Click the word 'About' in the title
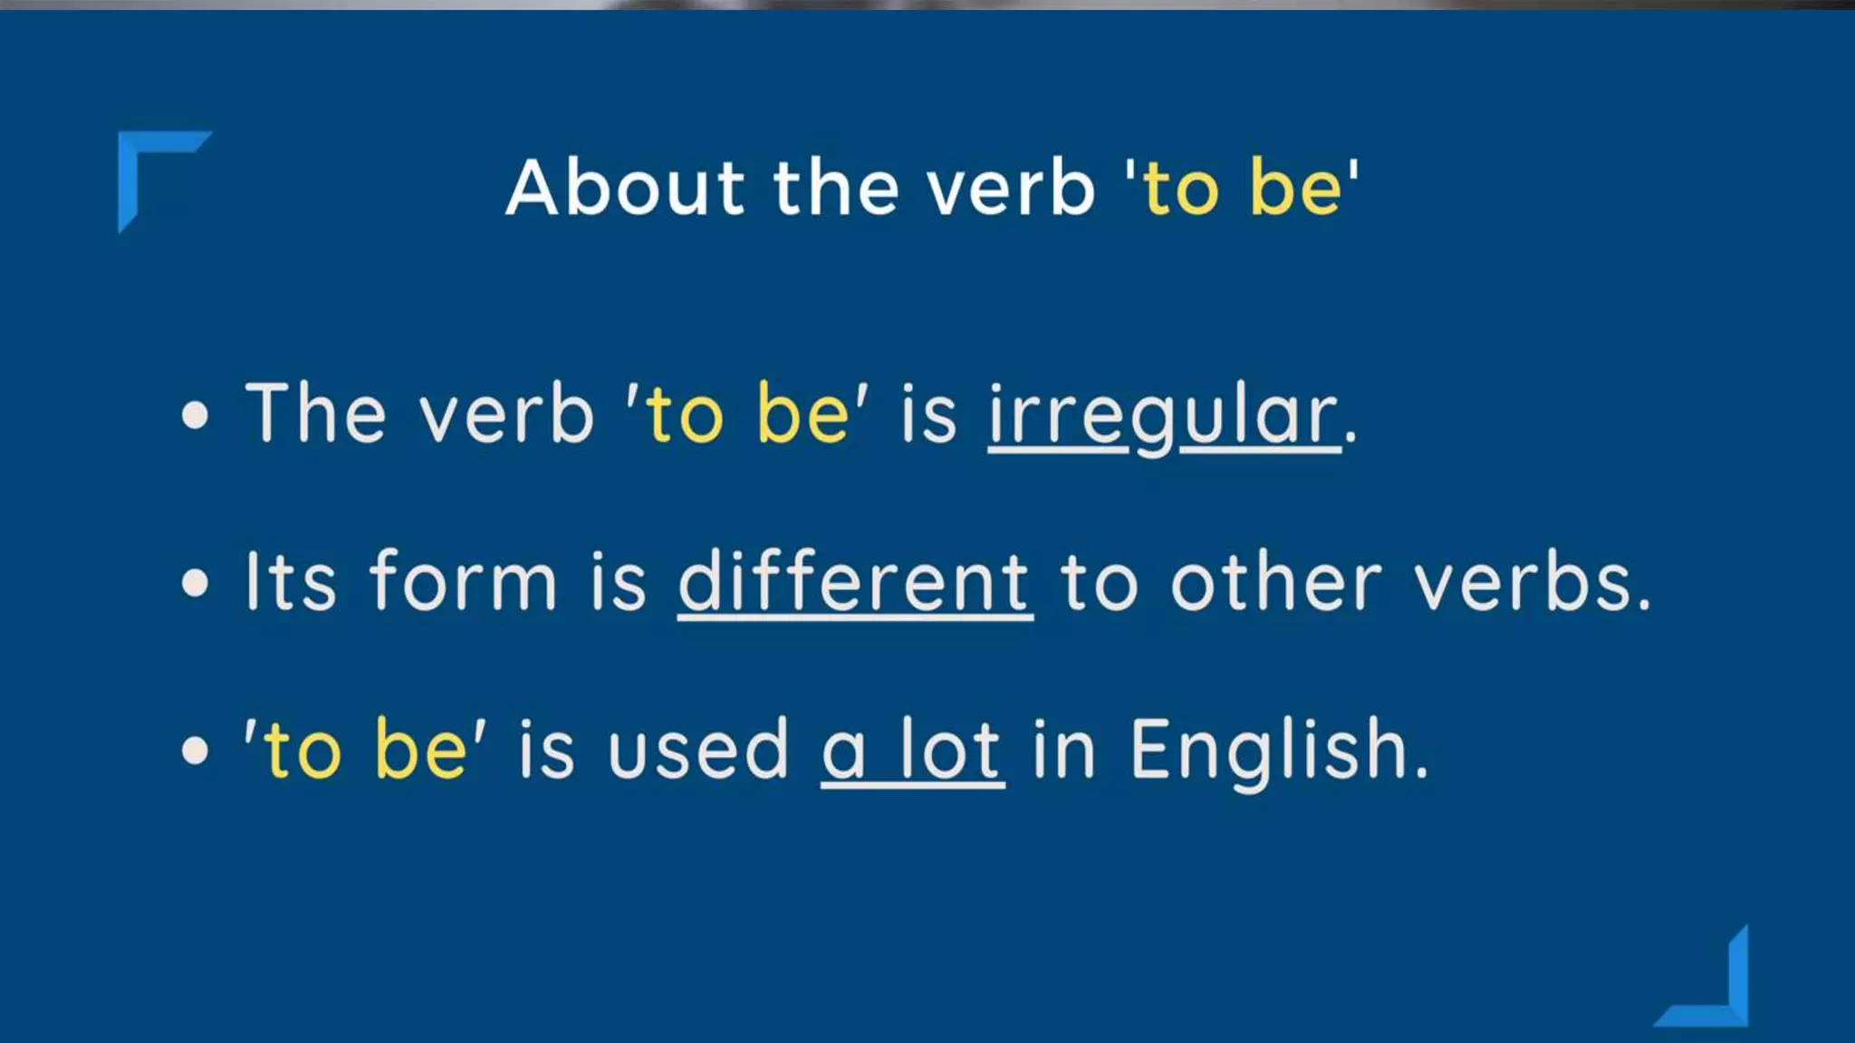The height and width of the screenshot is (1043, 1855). click(625, 187)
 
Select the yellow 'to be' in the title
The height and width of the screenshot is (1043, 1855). click(1242, 187)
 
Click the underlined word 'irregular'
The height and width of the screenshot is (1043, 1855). click(1164, 415)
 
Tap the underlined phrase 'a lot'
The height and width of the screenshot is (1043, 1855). click(912, 750)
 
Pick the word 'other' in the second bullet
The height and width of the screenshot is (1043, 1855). click(1276, 582)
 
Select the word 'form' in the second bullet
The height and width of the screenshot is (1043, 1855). click(463, 582)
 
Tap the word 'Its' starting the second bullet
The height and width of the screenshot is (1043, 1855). click(291, 582)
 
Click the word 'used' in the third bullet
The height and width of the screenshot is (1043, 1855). click(698, 750)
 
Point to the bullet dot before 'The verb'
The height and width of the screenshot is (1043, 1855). click(195, 416)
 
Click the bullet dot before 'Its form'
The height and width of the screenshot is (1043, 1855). click(195, 583)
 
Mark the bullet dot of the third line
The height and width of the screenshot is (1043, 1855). click(195, 751)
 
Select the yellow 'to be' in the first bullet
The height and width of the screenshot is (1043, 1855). click(747, 415)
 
